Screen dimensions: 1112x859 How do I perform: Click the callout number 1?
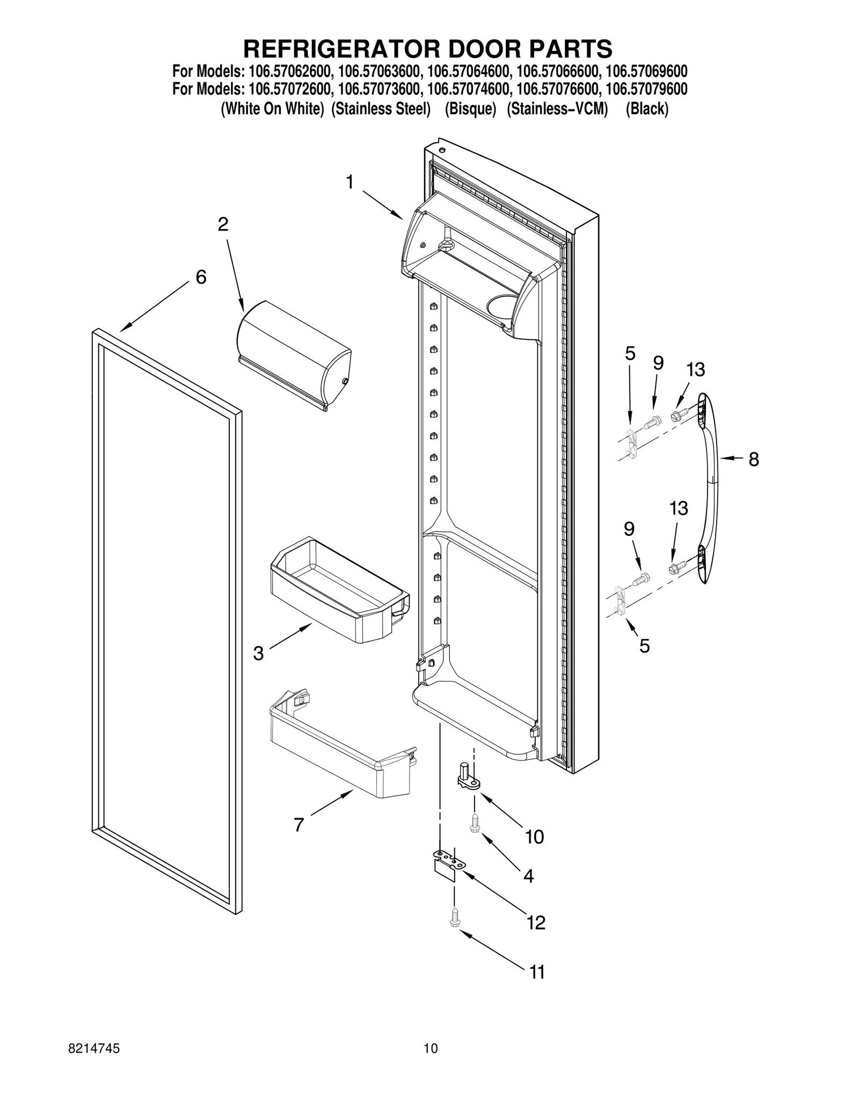click(350, 183)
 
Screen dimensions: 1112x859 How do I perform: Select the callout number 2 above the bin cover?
click(223, 224)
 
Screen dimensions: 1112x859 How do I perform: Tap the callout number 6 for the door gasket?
click(201, 277)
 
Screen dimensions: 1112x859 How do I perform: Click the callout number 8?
click(753, 459)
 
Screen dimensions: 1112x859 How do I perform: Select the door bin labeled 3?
click(338, 591)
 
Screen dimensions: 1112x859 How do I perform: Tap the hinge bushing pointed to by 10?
click(467, 778)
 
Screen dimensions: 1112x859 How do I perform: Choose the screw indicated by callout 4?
click(474, 823)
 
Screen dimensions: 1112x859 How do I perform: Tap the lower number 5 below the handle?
click(644, 646)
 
